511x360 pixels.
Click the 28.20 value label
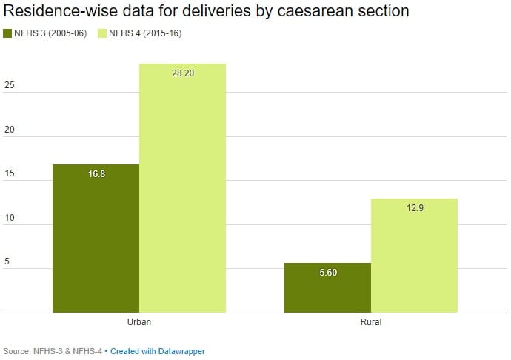[182, 74]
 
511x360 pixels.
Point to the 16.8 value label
[96, 174]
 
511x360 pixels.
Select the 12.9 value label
[414, 208]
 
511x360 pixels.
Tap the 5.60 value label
[327, 273]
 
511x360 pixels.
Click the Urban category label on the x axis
[139, 323]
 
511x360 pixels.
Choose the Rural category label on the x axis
[371, 323]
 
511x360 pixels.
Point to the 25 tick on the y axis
[9, 86]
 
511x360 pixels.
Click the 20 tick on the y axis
[9, 130]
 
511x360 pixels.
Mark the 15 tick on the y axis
[9, 174]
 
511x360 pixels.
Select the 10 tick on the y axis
[9, 219]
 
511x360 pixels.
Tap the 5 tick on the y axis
[7, 262]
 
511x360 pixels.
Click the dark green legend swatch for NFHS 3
[8, 33]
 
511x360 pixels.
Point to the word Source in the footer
[16, 351]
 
